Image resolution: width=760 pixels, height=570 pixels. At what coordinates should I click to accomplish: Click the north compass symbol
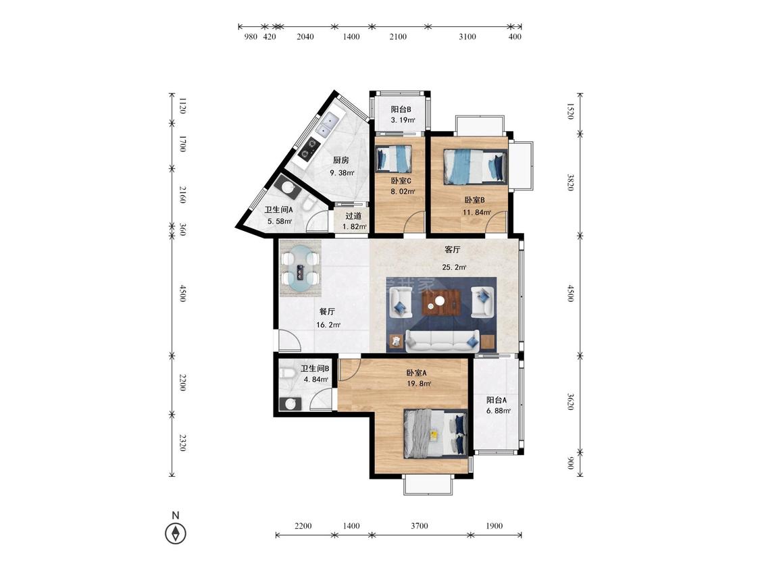(x=176, y=533)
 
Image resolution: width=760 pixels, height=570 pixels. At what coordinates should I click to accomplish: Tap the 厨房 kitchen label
(x=340, y=161)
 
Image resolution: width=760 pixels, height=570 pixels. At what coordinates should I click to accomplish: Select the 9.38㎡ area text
(x=343, y=173)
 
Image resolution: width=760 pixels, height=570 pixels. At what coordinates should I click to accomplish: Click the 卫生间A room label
(x=278, y=210)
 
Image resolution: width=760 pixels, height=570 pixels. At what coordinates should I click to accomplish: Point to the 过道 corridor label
(x=353, y=216)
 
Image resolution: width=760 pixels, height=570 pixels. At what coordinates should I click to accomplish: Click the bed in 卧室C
(x=394, y=158)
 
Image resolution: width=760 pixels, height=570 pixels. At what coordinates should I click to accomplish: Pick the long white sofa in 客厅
(x=442, y=341)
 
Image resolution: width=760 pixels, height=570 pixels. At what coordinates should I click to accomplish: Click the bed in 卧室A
(x=436, y=434)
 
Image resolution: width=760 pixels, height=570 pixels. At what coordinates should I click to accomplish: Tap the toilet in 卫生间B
(x=287, y=373)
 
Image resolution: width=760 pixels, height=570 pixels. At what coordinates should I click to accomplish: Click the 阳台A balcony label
(x=497, y=400)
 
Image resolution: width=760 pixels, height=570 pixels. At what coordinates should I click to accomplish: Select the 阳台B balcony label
(x=401, y=109)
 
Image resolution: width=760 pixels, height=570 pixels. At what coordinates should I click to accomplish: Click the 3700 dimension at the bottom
(x=420, y=526)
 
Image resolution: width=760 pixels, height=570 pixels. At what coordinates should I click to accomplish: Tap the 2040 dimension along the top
(x=305, y=36)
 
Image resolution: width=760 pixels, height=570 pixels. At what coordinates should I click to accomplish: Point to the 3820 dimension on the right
(x=570, y=182)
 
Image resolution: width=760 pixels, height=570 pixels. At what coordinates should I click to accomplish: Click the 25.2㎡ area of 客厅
(x=454, y=267)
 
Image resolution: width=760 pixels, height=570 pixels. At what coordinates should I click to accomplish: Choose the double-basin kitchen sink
(x=327, y=124)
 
